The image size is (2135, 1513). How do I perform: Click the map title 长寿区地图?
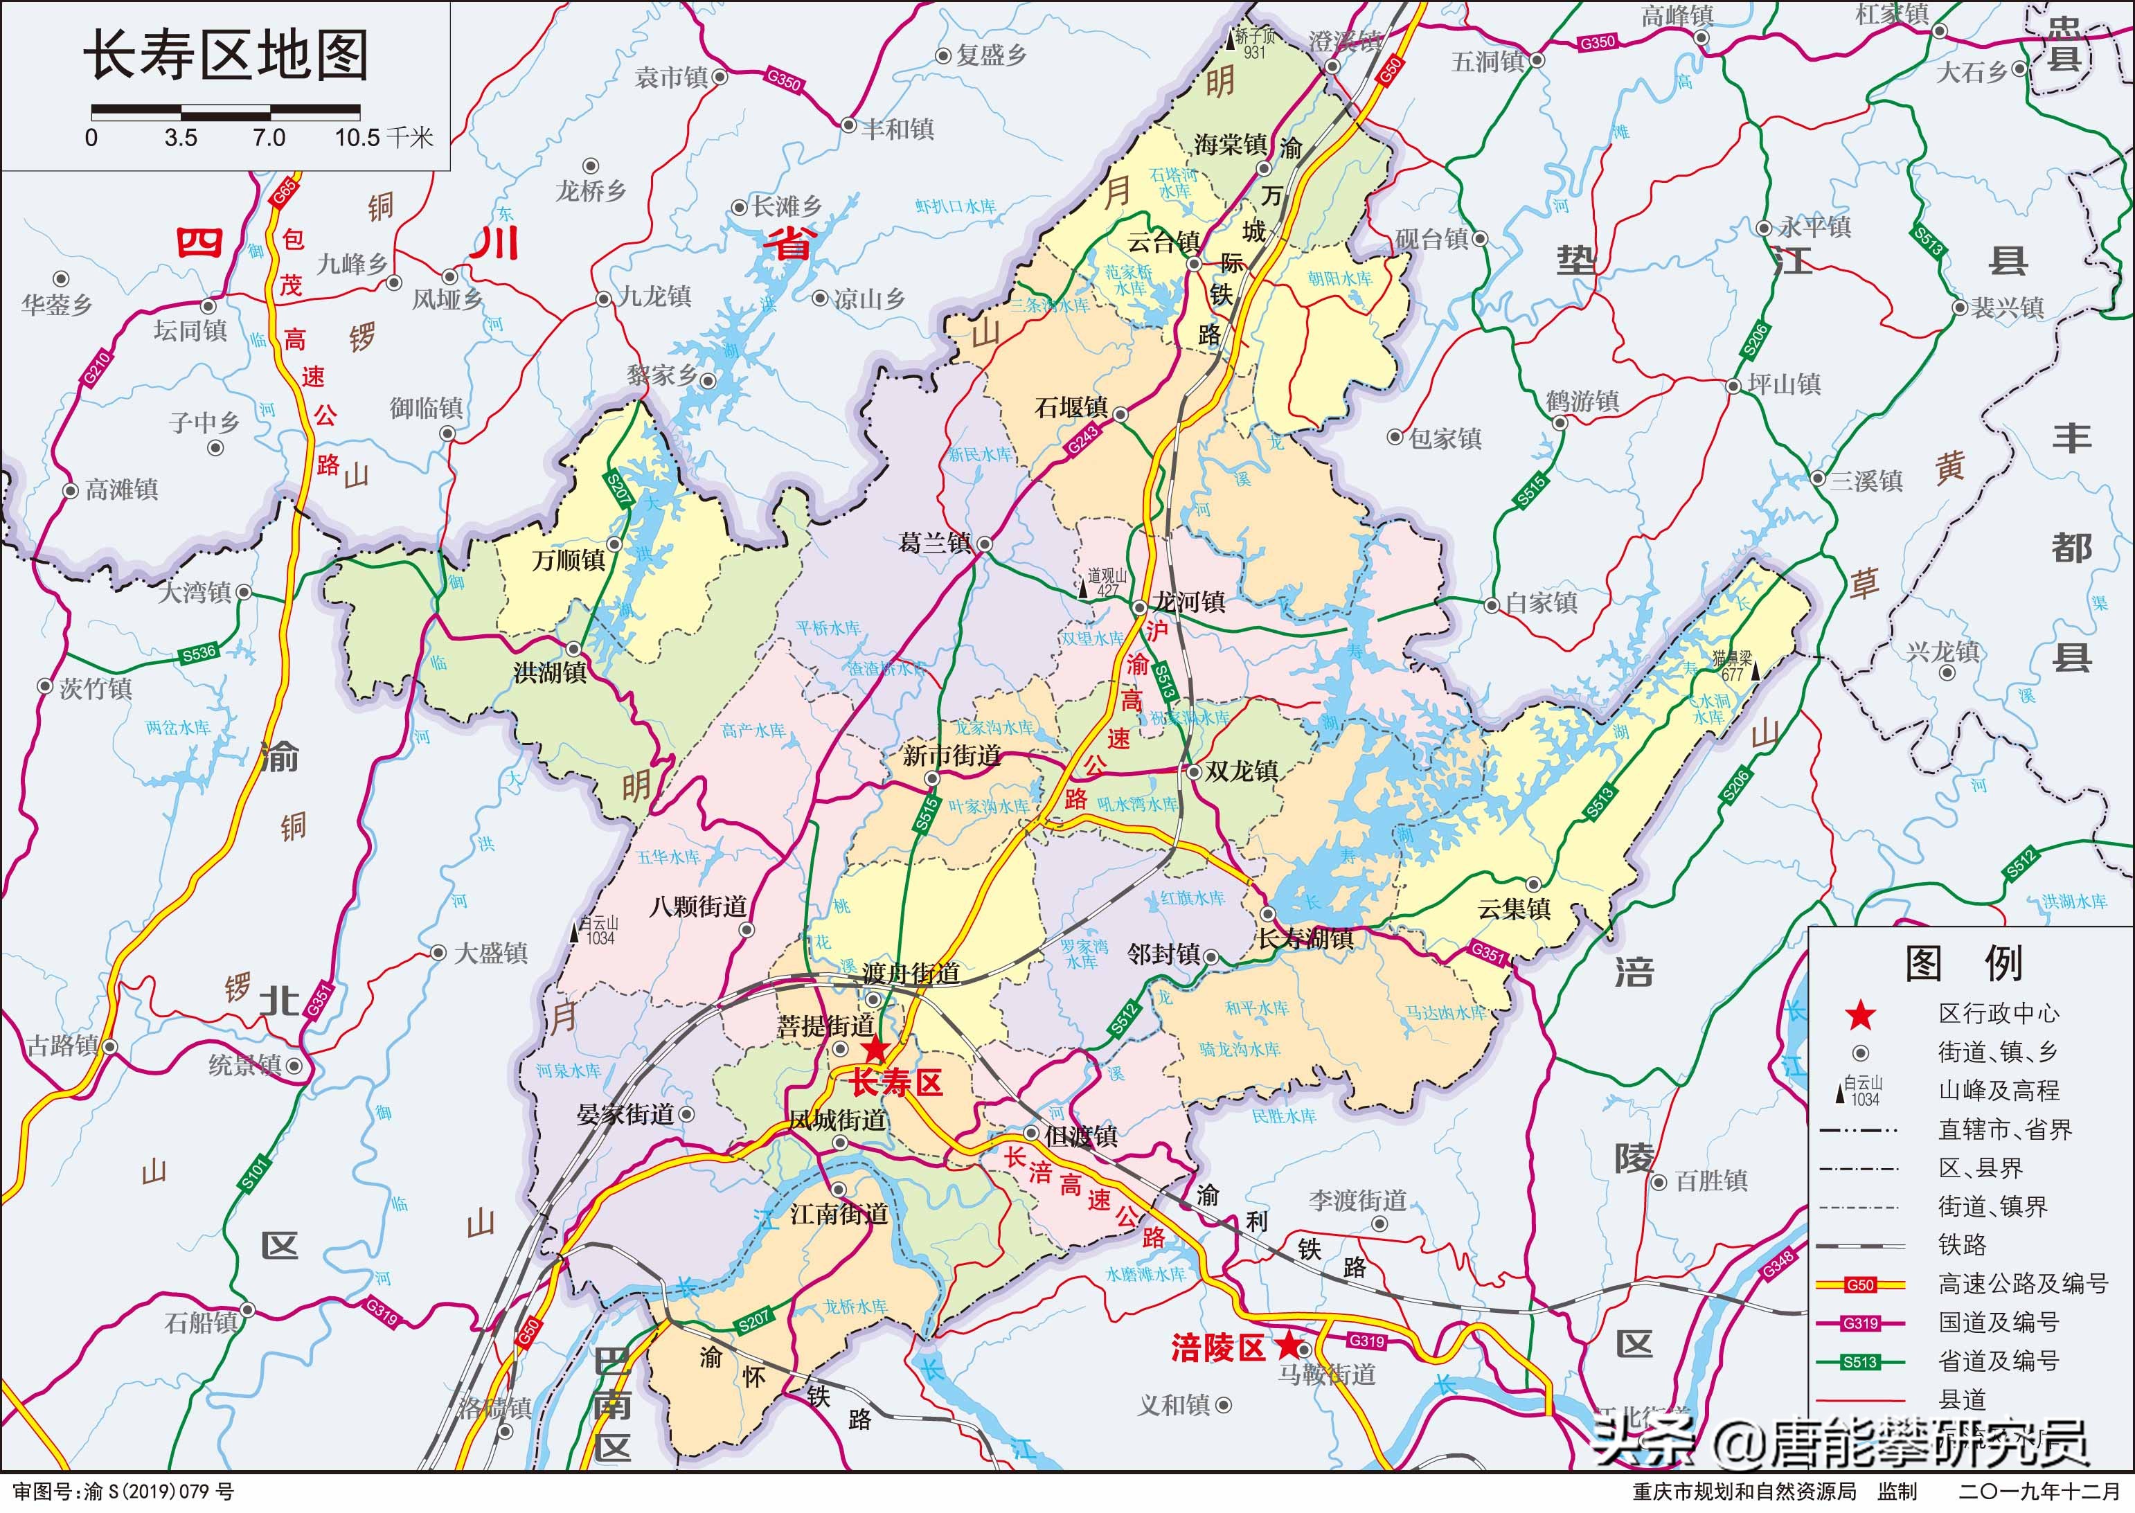pos(226,56)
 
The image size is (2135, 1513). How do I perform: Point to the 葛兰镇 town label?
pos(934,542)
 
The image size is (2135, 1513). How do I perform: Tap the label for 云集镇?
pos(1514,908)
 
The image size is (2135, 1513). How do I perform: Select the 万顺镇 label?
pos(569,561)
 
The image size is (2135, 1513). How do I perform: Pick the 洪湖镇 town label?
pos(550,672)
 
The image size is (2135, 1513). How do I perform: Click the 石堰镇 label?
pos(1071,408)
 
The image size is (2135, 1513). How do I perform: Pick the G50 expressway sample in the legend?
pos(1859,1284)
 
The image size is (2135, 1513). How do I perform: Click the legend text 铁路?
pos(1963,1245)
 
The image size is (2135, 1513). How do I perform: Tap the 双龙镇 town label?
pos(1241,771)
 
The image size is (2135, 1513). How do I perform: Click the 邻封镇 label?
pos(1163,954)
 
